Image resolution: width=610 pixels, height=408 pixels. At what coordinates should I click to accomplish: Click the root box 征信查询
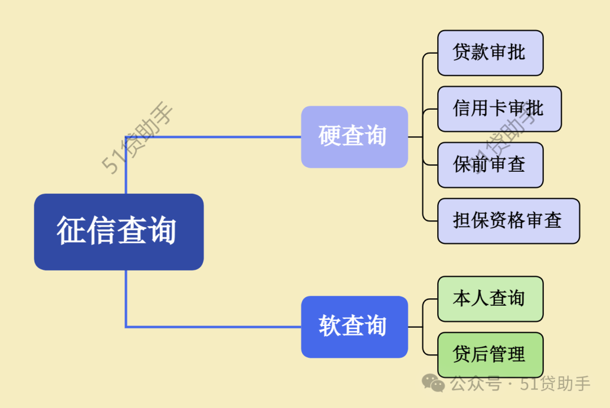119,232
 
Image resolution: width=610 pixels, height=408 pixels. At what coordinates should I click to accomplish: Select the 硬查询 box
354,137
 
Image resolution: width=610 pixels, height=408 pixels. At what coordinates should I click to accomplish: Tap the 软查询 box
354,327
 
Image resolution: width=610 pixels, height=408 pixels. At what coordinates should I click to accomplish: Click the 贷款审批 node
490,53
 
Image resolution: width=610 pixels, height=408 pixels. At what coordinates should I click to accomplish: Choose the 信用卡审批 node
499,108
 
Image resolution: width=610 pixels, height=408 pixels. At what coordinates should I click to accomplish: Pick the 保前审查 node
490,164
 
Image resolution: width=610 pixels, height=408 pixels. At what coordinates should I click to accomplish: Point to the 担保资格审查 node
508,220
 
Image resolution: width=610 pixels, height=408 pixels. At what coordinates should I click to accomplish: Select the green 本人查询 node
490,298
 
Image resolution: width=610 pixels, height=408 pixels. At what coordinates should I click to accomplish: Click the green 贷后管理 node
490,354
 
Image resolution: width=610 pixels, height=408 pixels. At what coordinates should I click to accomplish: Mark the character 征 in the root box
71,231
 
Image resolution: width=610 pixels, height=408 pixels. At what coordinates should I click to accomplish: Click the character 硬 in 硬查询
330,137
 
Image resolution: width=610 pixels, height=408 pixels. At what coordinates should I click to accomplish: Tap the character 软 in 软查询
330,327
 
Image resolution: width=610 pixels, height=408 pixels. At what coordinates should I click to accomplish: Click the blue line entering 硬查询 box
226,137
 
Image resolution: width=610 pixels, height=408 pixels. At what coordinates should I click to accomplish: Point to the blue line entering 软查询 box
226,327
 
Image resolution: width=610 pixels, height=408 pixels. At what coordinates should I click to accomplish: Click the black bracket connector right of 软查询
422,327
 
